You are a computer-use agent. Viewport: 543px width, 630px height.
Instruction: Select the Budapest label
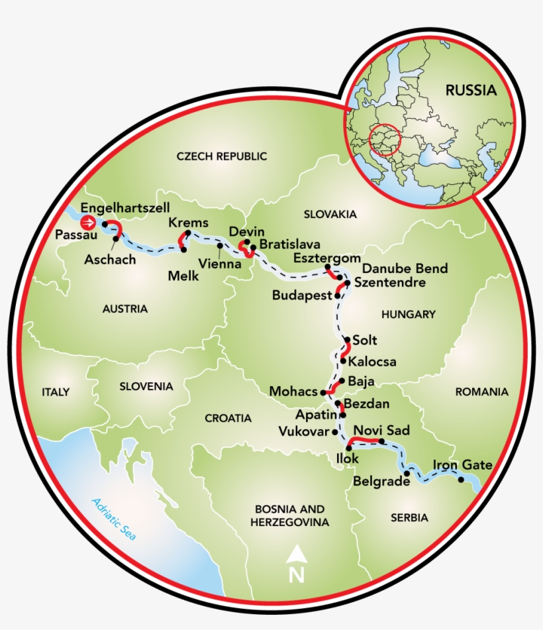click(301, 295)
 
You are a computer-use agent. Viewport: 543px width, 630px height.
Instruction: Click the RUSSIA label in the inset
click(470, 91)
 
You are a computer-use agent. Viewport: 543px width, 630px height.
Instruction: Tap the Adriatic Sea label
click(114, 519)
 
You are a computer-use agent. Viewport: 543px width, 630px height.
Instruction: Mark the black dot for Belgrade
click(407, 474)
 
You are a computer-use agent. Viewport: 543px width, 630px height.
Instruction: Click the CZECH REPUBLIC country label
click(221, 156)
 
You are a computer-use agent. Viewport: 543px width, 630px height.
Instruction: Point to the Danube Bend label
click(405, 268)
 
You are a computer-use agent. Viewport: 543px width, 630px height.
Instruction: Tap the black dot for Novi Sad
click(381, 441)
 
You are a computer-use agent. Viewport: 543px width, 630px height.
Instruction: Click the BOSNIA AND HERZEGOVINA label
click(290, 515)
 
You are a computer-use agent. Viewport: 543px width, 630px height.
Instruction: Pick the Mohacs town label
click(294, 392)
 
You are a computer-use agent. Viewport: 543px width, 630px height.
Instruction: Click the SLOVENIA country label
click(146, 386)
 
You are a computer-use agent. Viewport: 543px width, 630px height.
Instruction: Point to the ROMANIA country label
click(481, 392)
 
